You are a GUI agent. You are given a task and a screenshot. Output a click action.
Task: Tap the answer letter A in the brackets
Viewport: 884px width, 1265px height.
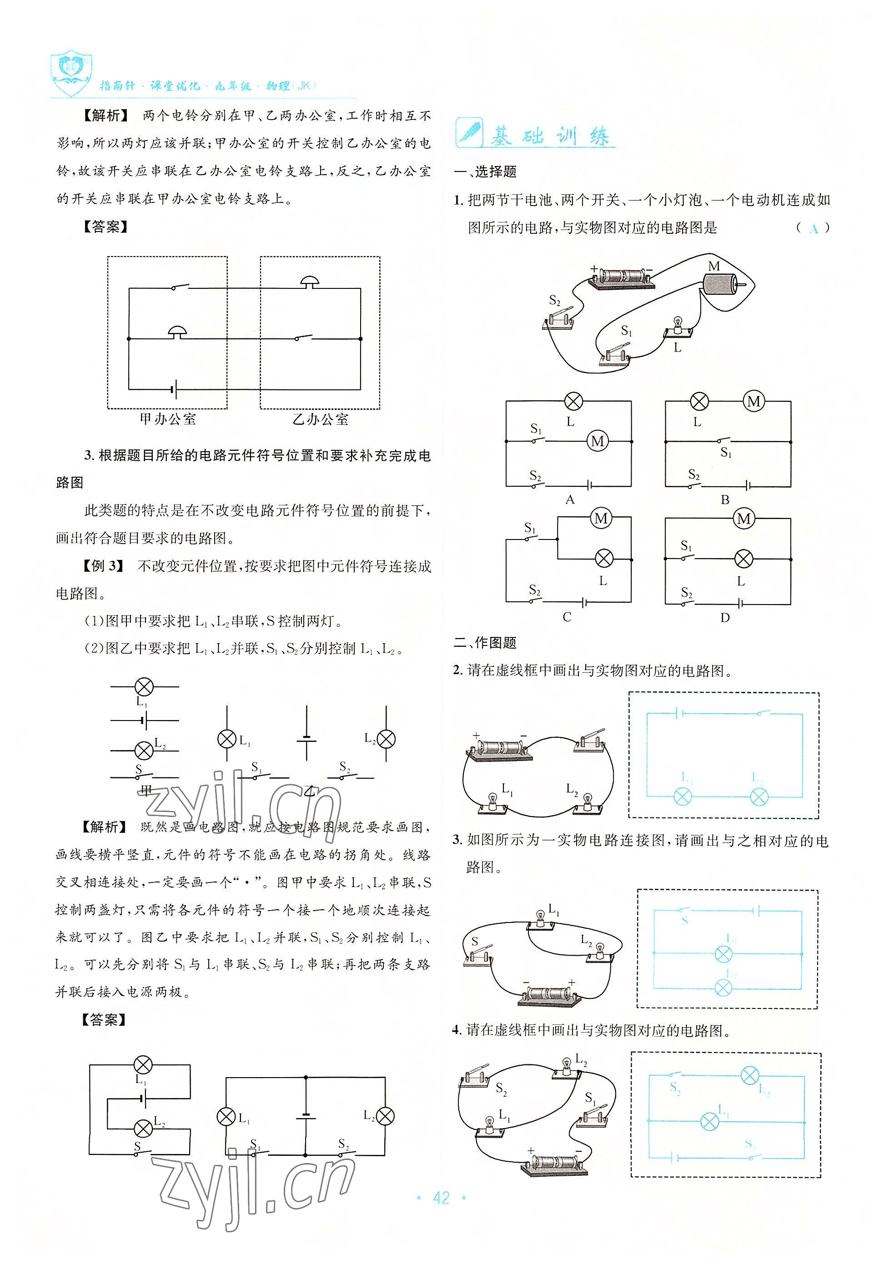click(814, 229)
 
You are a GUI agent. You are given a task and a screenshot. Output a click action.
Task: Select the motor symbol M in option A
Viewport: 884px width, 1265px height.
click(598, 441)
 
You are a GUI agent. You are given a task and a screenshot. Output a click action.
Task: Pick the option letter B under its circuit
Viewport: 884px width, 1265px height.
click(725, 500)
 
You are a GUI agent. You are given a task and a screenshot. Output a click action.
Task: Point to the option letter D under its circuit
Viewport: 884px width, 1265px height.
click(725, 618)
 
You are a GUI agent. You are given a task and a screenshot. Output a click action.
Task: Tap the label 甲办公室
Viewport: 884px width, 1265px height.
click(167, 419)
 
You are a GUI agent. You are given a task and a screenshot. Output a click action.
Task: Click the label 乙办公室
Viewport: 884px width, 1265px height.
click(320, 419)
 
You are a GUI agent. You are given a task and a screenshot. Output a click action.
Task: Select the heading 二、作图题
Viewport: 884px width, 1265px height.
click(485, 642)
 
